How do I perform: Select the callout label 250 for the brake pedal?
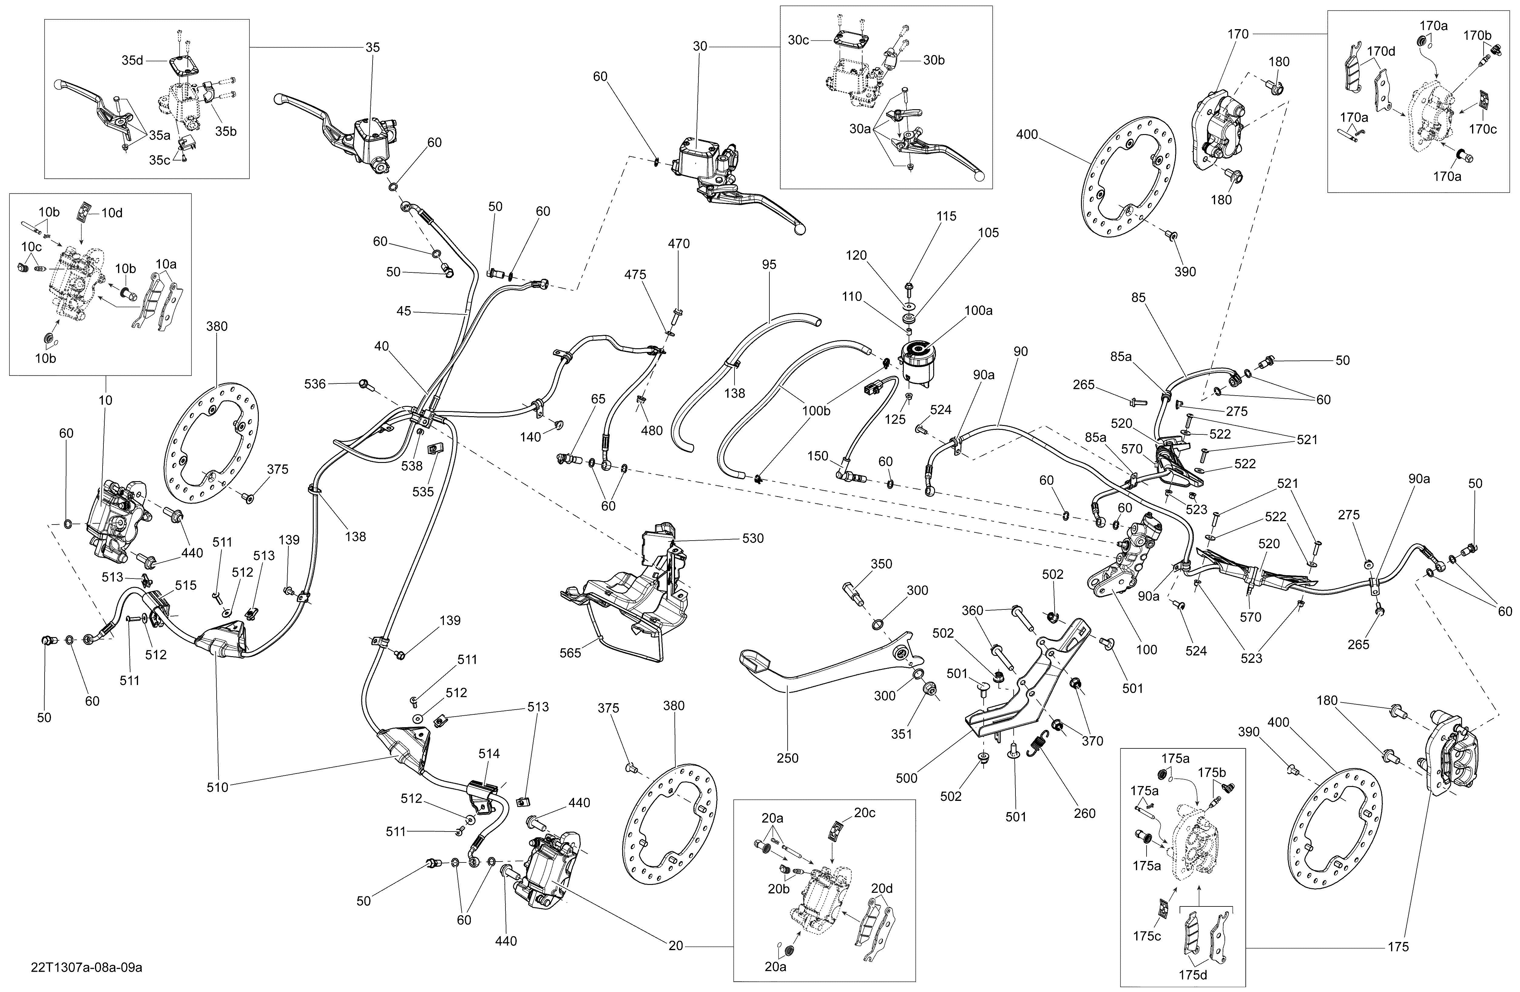pyautogui.click(x=788, y=758)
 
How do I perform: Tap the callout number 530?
pyautogui.click(x=753, y=538)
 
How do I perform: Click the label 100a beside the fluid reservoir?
pyautogui.click(x=978, y=311)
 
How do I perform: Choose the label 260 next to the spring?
pyautogui.click(x=1084, y=813)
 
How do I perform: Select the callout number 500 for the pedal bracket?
pyautogui.click(x=906, y=778)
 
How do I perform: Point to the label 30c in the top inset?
pyautogui.click(x=798, y=40)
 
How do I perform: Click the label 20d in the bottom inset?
pyautogui.click(x=882, y=888)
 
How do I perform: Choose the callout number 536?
pyautogui.click(x=315, y=384)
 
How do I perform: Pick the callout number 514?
pyautogui.click(x=489, y=754)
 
